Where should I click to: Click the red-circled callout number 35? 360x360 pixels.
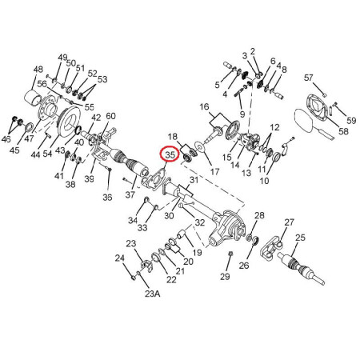(170, 154)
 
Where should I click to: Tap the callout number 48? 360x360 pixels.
(38, 70)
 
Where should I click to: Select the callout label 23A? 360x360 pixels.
(153, 294)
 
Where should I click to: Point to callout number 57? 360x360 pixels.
(308, 78)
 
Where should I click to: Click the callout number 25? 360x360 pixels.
(300, 238)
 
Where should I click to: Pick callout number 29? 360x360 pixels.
(225, 276)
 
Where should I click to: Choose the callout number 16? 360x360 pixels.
(204, 107)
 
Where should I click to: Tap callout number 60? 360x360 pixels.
(110, 116)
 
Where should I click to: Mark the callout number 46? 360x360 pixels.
(6, 139)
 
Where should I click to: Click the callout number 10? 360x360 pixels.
(264, 181)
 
